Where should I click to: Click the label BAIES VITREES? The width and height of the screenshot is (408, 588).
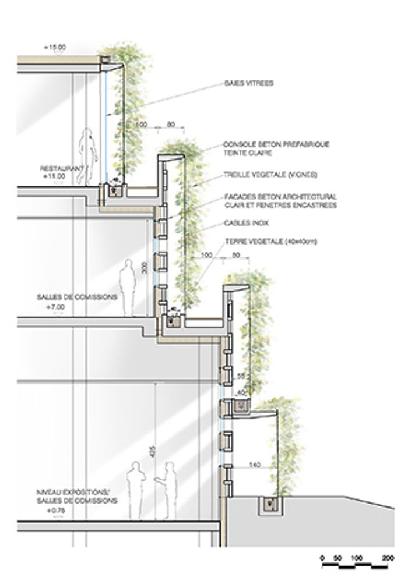pos(248,83)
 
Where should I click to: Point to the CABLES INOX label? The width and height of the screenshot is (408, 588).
pos(242,223)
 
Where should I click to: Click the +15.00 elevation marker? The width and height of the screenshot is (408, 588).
pos(55,46)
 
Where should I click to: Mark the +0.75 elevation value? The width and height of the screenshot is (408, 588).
pos(55,509)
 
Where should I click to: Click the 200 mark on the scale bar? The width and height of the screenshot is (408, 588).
pos(387,558)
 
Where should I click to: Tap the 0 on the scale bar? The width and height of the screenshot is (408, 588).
pos(322,558)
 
